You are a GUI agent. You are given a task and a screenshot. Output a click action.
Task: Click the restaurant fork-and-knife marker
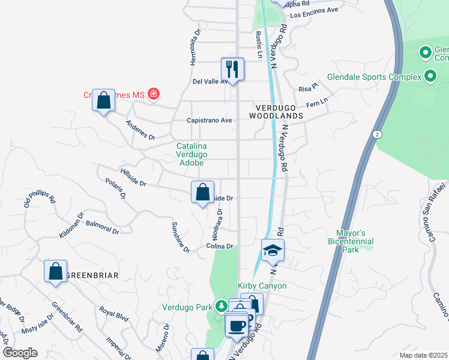[232, 69]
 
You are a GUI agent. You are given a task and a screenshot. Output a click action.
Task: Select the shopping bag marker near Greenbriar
[55, 271]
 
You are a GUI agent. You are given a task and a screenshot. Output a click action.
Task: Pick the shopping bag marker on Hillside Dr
[203, 193]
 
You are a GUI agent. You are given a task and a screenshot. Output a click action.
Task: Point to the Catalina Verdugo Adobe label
[191, 154]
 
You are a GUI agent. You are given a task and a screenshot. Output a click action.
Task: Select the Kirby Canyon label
[262, 286]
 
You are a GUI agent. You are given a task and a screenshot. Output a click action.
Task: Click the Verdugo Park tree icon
[221, 307]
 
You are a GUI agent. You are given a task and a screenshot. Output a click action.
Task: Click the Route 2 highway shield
[377, 133]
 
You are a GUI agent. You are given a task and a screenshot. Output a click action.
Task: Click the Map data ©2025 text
[423, 355]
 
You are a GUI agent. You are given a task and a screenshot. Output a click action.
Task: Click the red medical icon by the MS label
[154, 94]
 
